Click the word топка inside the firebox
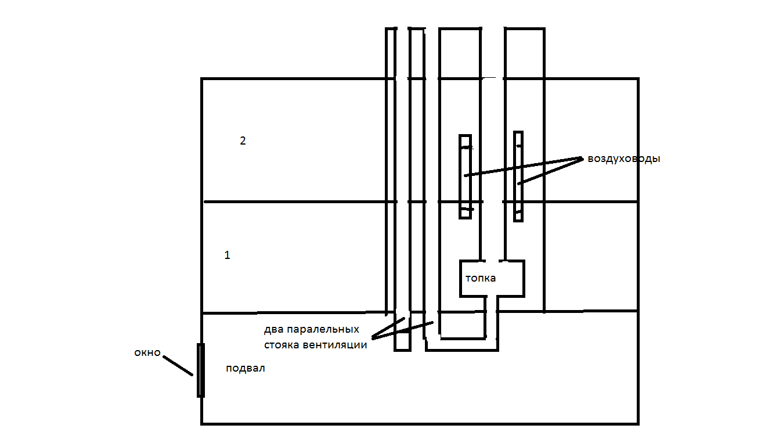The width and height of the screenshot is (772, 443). [481, 278]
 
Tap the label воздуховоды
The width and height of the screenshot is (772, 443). [624, 159]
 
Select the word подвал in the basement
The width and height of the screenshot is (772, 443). [246, 369]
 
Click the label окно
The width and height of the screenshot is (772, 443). [147, 352]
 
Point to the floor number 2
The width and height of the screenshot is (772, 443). [243, 141]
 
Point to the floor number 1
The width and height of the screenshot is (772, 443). [227, 255]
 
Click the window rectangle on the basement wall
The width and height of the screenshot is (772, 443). [201, 370]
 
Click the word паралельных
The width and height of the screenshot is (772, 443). [323, 330]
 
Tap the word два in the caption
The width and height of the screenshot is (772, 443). [273, 330]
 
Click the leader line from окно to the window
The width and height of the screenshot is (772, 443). [178, 366]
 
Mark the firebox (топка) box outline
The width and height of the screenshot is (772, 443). [460, 279]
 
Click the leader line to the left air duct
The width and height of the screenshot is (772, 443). [524, 167]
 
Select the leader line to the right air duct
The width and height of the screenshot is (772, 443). [550, 171]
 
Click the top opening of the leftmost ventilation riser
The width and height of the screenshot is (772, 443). [403, 28]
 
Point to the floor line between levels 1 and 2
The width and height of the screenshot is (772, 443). [420, 201]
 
